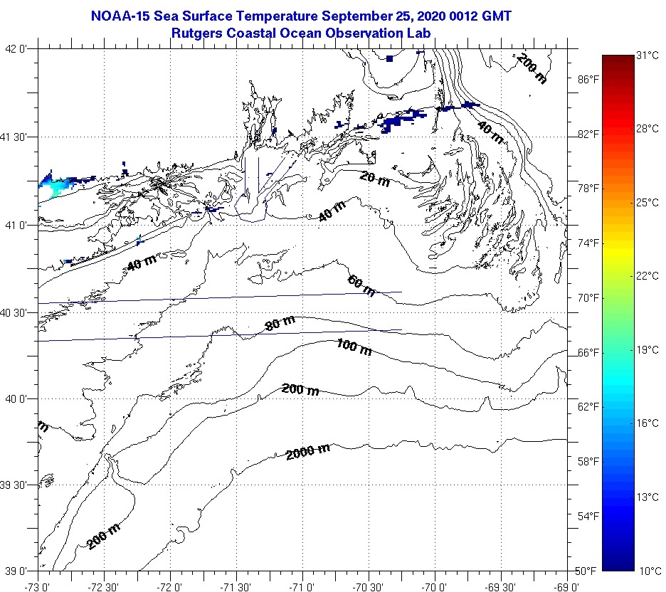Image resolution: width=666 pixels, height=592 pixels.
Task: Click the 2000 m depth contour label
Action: coord(308,451)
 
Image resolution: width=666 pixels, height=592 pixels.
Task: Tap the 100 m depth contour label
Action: coord(354,347)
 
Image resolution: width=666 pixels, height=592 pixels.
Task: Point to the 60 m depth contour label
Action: coord(361,285)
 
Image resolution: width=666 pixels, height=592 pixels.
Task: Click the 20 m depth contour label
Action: coord(374,179)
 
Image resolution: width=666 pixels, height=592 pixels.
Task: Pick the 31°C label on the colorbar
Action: coord(647,55)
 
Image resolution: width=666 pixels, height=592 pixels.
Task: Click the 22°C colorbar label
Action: coord(647,276)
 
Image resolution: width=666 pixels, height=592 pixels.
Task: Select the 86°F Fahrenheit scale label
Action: coord(588,79)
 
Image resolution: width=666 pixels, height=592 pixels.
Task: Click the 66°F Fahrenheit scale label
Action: coord(588,352)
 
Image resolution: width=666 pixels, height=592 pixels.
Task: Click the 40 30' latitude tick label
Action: coord(15,312)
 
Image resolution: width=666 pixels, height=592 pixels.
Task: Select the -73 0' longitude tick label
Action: coord(37,586)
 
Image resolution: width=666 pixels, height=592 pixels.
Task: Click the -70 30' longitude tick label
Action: coord(368,586)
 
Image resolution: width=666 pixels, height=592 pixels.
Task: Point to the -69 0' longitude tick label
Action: coord(567,586)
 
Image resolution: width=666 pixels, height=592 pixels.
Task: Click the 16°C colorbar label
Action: coord(647,423)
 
